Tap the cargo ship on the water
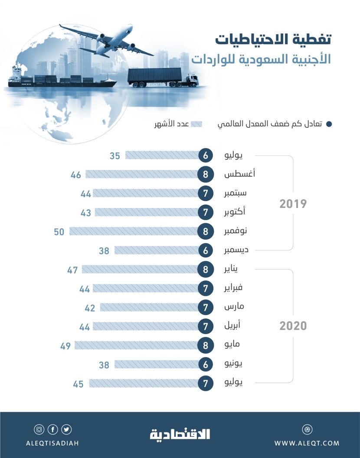click(x=61, y=81)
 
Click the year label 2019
click(x=293, y=204)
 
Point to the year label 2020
click(x=293, y=326)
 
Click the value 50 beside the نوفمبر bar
click(x=59, y=232)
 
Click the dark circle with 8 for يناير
click(x=206, y=270)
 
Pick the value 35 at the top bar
click(x=115, y=156)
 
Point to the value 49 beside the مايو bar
click(x=66, y=346)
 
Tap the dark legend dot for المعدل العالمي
click(x=329, y=124)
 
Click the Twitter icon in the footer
click(x=66, y=429)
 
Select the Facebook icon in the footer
click(x=53, y=429)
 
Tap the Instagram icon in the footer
click(x=39, y=429)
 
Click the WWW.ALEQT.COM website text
click(x=307, y=443)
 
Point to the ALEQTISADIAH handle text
click(x=52, y=443)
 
